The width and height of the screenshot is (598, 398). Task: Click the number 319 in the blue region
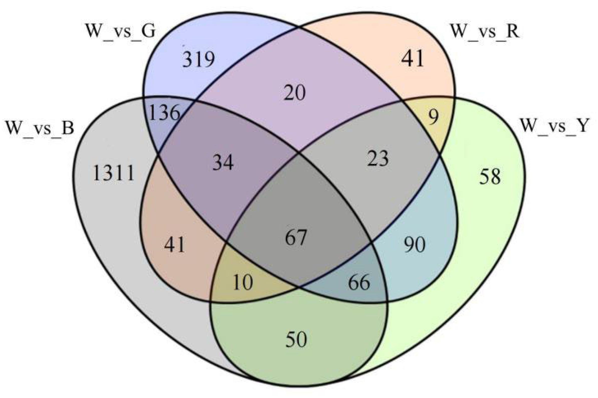point(198,60)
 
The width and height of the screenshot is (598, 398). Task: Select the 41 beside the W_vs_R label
point(412,58)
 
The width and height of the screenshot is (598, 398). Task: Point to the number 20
point(295,93)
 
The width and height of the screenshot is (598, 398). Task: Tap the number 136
point(164,113)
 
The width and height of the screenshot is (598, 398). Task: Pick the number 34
point(223,163)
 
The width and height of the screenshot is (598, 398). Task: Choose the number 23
point(378,159)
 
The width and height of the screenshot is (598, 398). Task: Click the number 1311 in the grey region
point(113,173)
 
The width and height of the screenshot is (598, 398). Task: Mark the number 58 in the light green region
point(490,177)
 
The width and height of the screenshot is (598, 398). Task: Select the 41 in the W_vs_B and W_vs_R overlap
point(174,245)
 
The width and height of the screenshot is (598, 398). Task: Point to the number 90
point(415,245)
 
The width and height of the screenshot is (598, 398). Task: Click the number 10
point(243,282)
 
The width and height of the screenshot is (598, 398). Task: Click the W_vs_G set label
point(121,32)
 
